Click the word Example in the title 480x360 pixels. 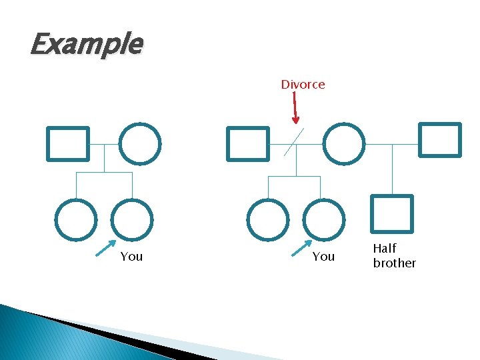coord(86,45)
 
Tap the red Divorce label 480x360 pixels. coord(303,85)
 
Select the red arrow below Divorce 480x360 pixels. coord(295,107)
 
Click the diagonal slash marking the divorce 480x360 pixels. coord(294,141)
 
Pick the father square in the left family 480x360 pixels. coord(67,144)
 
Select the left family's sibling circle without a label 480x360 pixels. coord(75,220)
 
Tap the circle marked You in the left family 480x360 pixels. coord(131,220)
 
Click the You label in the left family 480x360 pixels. coord(131,257)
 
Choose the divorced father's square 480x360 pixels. coord(248,144)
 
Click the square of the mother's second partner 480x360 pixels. coord(440,139)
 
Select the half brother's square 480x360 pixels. coord(392,213)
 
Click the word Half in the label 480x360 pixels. coord(385,249)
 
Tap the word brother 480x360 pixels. coord(394,263)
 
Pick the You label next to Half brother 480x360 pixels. coord(323,257)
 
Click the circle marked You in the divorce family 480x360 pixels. coord(323,220)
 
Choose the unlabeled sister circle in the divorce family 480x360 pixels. coord(267,220)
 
